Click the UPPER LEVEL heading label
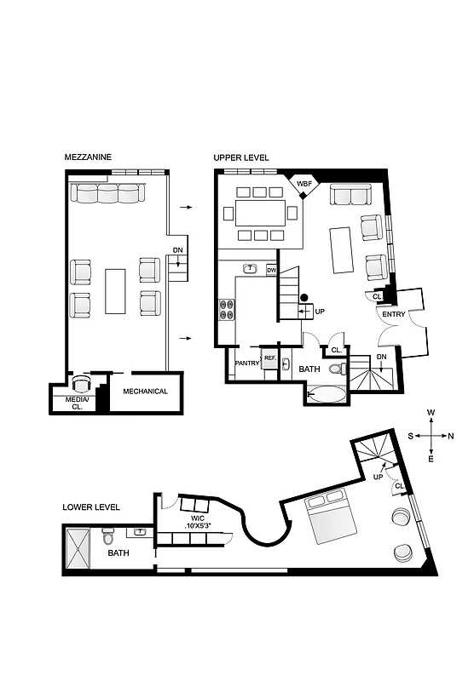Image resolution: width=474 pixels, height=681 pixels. point(241,157)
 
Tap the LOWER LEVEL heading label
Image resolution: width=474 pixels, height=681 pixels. point(91,507)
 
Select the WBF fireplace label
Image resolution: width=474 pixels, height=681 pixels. point(303,183)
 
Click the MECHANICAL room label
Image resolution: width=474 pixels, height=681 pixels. point(145,392)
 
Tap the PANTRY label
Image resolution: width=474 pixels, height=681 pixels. point(247,363)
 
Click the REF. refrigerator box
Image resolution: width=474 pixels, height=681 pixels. point(269,359)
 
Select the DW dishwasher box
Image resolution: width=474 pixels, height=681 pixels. point(271,270)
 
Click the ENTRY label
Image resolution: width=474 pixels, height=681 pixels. point(394,315)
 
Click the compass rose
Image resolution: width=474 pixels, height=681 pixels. point(431,435)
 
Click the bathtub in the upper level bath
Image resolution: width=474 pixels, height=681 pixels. point(327,394)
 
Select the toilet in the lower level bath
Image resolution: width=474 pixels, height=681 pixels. point(107,538)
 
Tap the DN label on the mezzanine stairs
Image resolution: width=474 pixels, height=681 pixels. point(177,250)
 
